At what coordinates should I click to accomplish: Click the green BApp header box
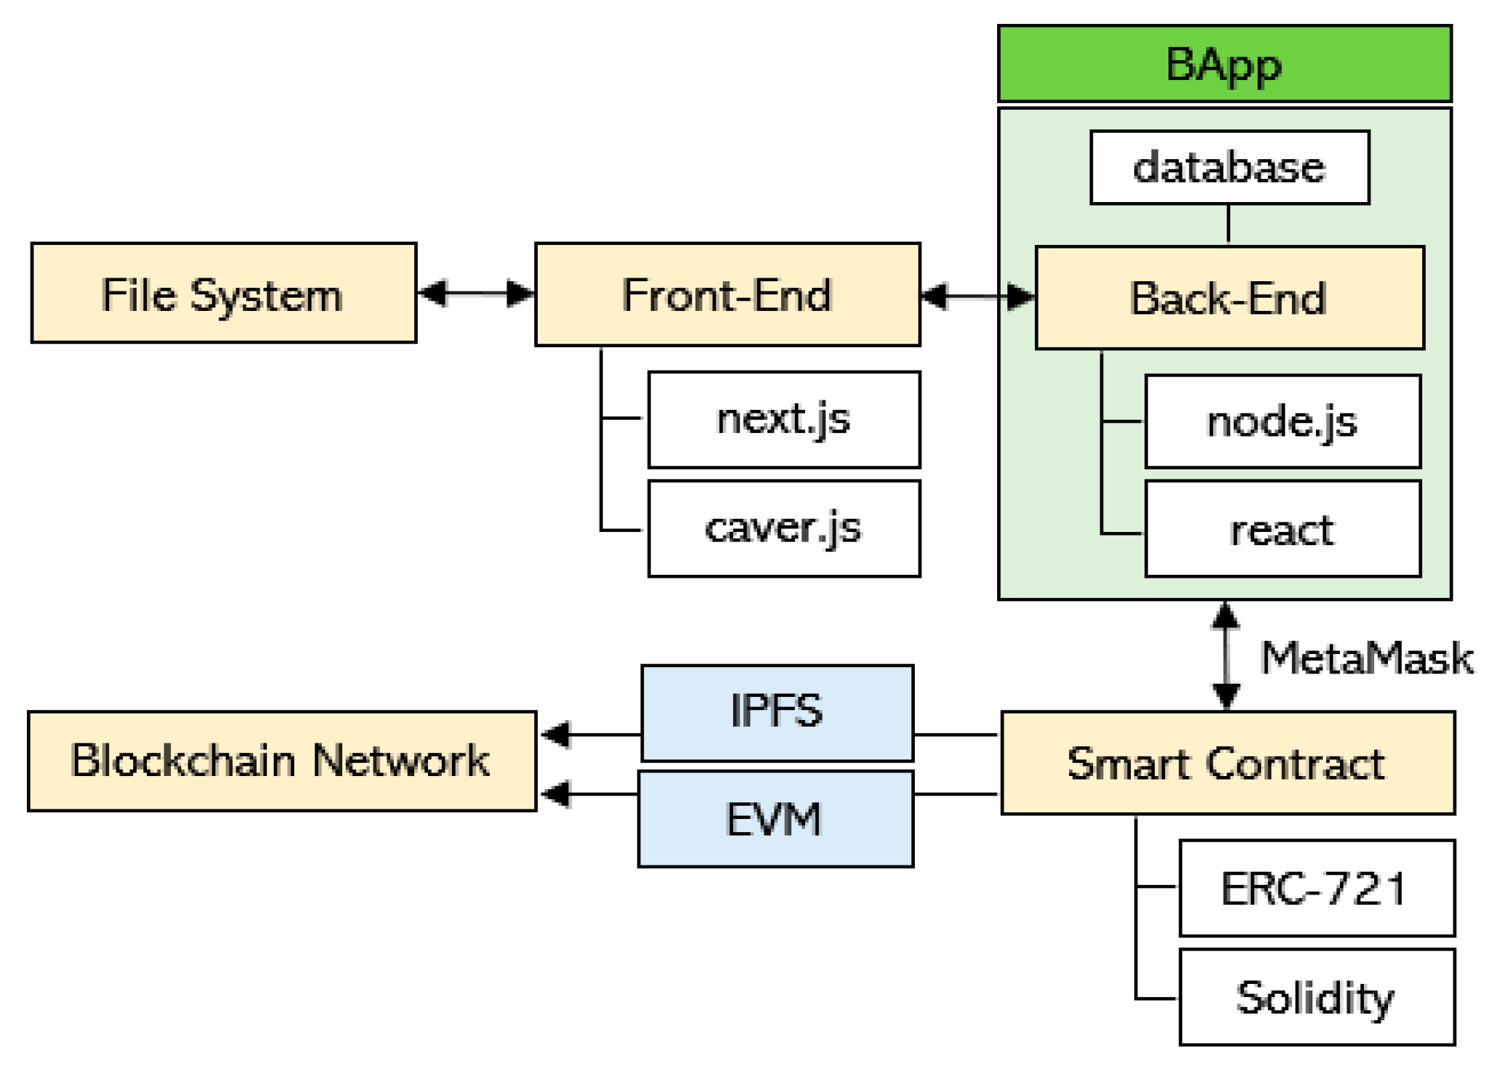point(1224,64)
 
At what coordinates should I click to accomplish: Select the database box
point(1229,167)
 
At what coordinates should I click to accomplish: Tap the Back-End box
point(1229,298)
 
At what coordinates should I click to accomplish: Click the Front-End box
point(727,294)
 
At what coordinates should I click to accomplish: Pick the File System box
point(223,293)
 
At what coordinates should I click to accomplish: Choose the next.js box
point(783,419)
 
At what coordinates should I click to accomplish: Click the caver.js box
point(783,528)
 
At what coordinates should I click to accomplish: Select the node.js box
point(1282,421)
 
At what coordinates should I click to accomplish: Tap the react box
point(1282,529)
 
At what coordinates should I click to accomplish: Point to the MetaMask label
point(1366,658)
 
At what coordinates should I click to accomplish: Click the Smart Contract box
point(1227,763)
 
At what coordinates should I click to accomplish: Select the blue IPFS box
point(776,712)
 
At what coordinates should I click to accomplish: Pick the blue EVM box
point(775,819)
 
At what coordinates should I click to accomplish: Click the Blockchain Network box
point(281,761)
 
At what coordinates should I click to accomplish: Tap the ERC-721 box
point(1316,888)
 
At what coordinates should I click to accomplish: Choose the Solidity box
point(1316,997)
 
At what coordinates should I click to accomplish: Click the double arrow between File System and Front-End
point(476,294)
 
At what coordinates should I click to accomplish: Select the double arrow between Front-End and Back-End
point(977,296)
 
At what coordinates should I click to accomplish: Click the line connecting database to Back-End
point(1228,224)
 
